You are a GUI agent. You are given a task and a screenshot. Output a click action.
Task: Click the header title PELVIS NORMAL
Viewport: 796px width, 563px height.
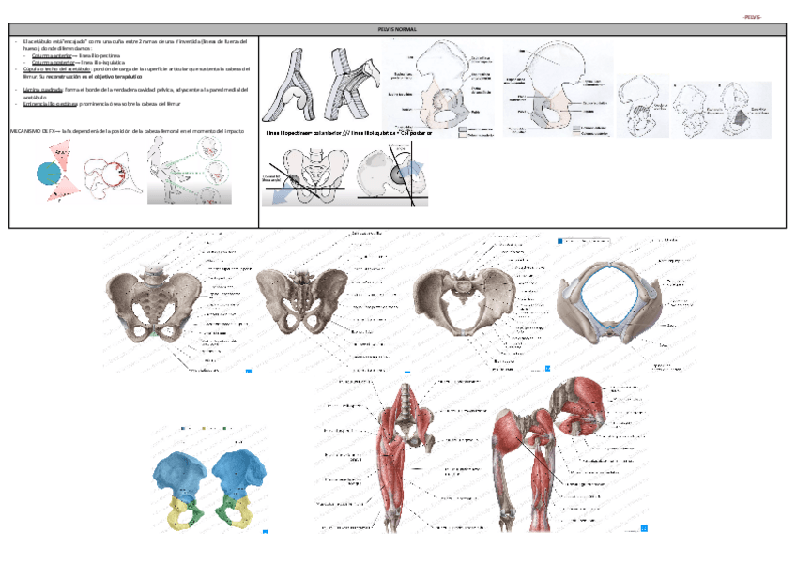click(x=397, y=30)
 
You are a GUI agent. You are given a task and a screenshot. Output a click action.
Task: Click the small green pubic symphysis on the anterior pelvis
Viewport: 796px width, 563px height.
click(x=155, y=332)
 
